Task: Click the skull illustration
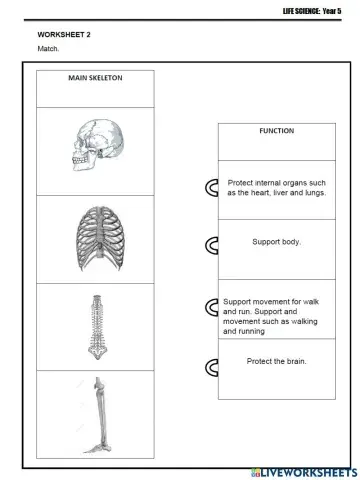95,149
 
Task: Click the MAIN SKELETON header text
95,81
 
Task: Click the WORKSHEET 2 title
58,33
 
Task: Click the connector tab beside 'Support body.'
212,244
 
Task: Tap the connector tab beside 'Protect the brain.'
212,367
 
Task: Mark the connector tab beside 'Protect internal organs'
212,188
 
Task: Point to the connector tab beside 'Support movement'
212,306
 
